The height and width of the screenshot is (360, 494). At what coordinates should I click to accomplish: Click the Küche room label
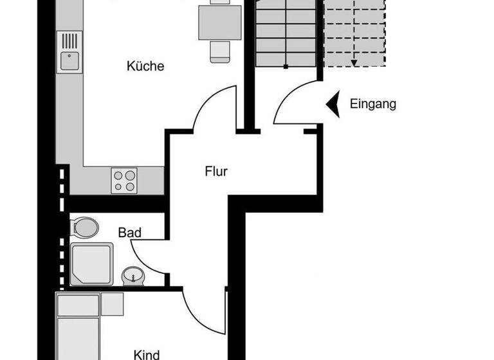(145, 66)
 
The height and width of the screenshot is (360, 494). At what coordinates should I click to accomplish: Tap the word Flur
(217, 172)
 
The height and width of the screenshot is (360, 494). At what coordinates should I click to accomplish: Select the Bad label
(129, 232)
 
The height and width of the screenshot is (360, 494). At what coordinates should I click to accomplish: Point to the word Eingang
(373, 104)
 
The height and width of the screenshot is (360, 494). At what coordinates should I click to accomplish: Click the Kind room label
(147, 354)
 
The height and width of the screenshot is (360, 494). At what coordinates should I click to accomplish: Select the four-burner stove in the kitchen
(124, 180)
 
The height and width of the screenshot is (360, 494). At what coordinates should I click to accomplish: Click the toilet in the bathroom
(84, 226)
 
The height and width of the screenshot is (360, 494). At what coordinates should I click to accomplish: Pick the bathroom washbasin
(134, 276)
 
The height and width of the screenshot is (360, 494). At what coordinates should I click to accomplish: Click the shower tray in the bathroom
(91, 264)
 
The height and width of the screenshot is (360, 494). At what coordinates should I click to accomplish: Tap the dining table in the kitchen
(219, 21)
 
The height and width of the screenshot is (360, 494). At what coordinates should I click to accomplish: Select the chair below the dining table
(219, 52)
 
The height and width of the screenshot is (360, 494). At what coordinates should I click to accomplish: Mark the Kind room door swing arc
(199, 308)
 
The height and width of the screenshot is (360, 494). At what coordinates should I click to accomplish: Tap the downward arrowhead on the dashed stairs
(354, 62)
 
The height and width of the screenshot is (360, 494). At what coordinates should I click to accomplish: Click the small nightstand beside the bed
(113, 304)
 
